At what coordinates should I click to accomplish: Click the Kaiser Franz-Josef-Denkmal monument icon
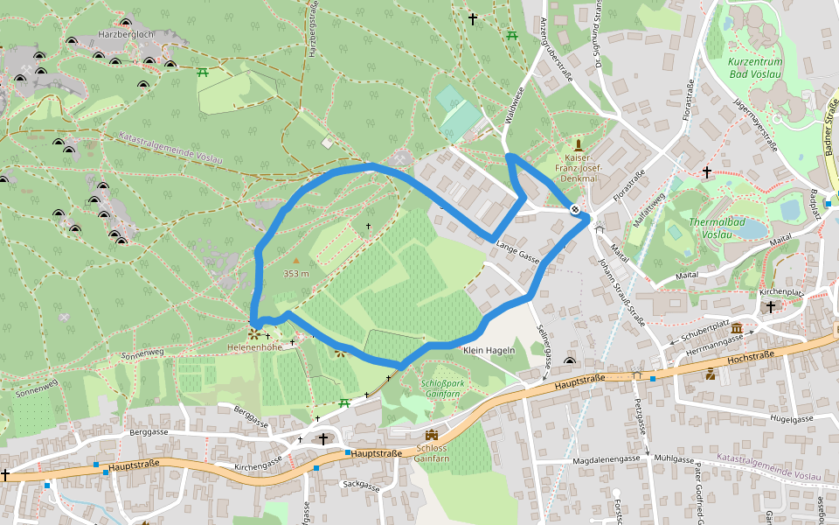[577, 144]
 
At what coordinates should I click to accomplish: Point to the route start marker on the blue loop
[575, 209]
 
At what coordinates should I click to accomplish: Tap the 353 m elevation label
[297, 273]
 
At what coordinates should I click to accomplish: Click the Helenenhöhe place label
[252, 347]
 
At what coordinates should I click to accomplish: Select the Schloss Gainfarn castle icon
[431, 435]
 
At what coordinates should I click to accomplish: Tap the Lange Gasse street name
[517, 251]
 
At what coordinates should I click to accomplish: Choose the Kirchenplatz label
[781, 291]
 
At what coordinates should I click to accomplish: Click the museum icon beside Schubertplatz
[738, 329]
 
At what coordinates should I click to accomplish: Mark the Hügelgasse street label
[792, 419]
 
